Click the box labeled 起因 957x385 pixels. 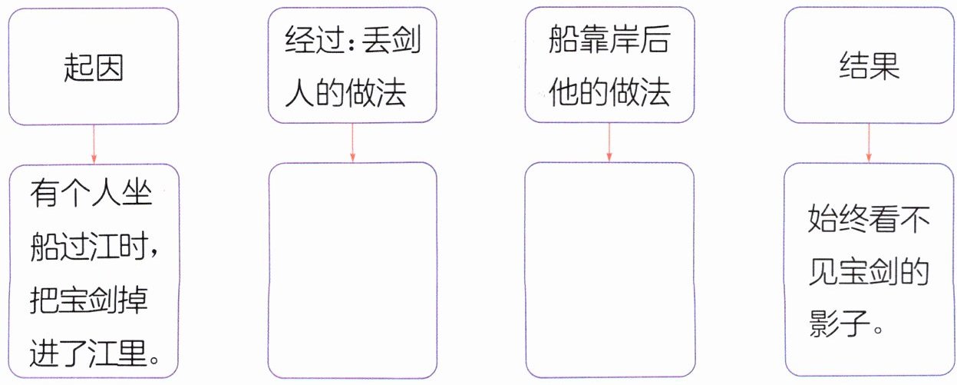pos(93,67)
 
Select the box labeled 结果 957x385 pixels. pos(868,67)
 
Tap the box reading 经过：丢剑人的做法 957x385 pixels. pos(352,67)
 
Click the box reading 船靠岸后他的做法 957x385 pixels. pos(609,67)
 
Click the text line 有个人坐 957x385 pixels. pos(91,194)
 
